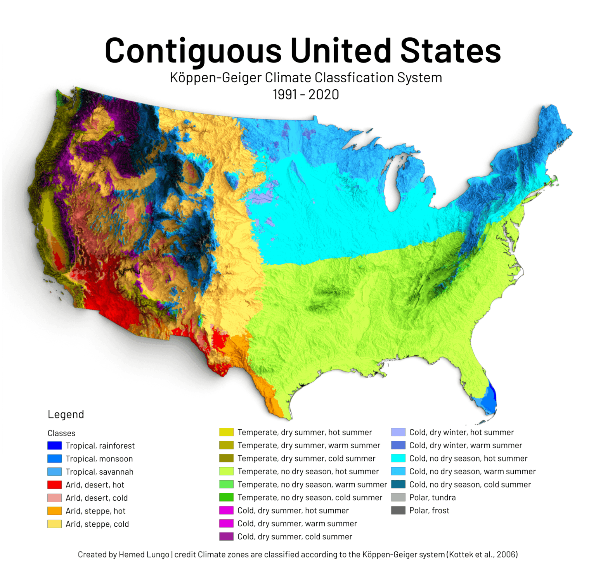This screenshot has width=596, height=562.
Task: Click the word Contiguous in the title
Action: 193,50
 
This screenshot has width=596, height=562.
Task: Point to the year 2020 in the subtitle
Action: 324,94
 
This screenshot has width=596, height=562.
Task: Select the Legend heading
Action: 66,415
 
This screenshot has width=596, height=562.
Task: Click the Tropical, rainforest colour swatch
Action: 54,446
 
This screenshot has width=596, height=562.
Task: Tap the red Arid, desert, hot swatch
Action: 54,485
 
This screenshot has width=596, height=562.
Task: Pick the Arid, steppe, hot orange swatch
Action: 54,511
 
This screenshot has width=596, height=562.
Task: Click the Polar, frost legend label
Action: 429,510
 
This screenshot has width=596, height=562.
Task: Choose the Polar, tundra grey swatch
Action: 398,498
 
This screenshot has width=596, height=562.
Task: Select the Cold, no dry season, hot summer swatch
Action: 398,458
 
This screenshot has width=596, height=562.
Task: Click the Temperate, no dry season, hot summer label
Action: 308,472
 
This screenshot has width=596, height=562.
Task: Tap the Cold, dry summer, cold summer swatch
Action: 226,536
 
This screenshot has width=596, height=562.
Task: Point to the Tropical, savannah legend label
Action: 99,472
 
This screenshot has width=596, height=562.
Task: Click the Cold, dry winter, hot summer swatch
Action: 398,432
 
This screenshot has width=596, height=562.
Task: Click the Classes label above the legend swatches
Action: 61,433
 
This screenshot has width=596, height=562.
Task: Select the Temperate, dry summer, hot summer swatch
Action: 226,432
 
